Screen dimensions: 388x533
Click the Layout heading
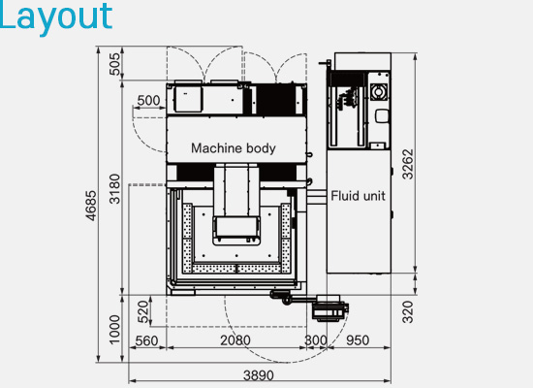55,16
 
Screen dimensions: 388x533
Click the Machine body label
233,148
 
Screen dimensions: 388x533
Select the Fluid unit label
358,195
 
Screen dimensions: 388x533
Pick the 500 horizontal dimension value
148,100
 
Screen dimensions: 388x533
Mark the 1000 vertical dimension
116,329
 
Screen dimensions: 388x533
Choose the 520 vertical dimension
143,312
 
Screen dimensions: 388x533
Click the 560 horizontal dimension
146,340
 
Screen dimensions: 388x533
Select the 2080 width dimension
235,340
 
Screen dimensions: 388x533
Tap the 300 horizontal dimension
316,340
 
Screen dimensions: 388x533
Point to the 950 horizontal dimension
358,340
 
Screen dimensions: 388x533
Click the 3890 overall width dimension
259,374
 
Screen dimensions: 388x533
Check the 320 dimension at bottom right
408,311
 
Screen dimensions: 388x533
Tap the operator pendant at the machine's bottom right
329,308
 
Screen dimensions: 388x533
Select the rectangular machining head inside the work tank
235,228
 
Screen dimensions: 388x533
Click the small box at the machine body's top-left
185,98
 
